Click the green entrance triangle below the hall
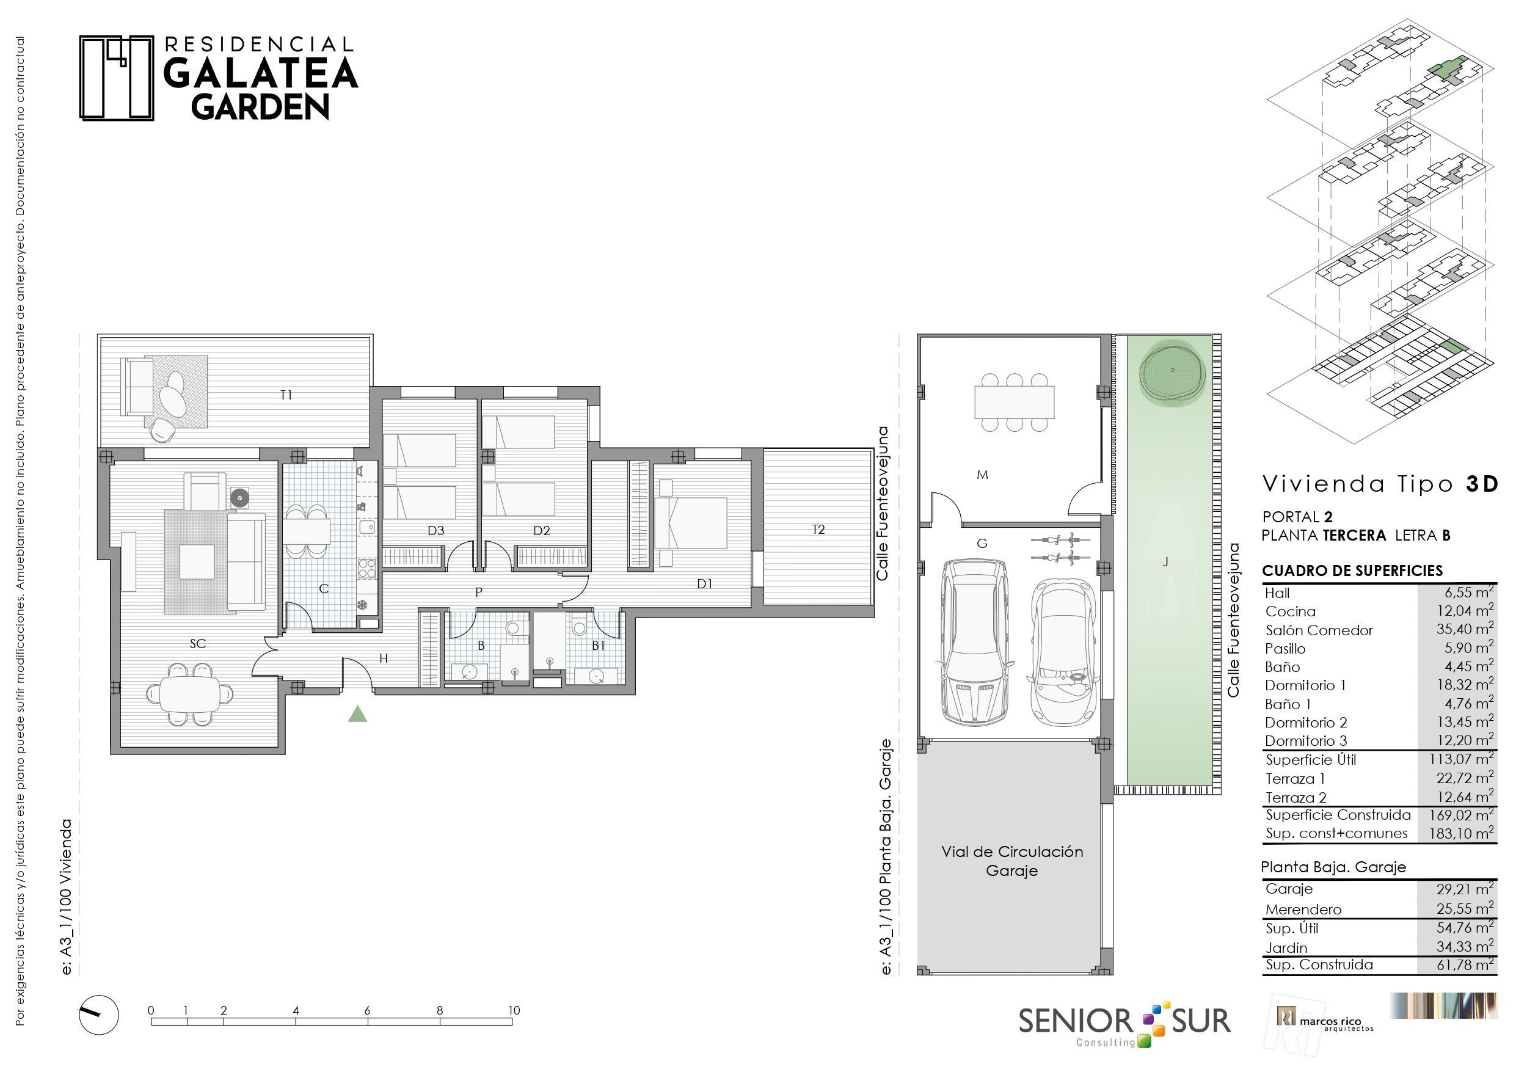pos(357,714)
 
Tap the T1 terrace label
pos(286,395)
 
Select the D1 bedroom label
pos(704,584)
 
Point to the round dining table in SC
pos(190,693)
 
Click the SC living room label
pos(197,643)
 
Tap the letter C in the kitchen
pos(324,588)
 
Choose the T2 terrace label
pos(818,529)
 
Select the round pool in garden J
pos(1173,371)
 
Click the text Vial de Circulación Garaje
pos(1012,861)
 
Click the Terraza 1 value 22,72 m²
pos(1465,778)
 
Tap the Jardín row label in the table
pos(1286,948)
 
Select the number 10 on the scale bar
pos(514,1010)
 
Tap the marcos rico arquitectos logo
pos(1325,1022)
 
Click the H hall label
pos(383,658)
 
